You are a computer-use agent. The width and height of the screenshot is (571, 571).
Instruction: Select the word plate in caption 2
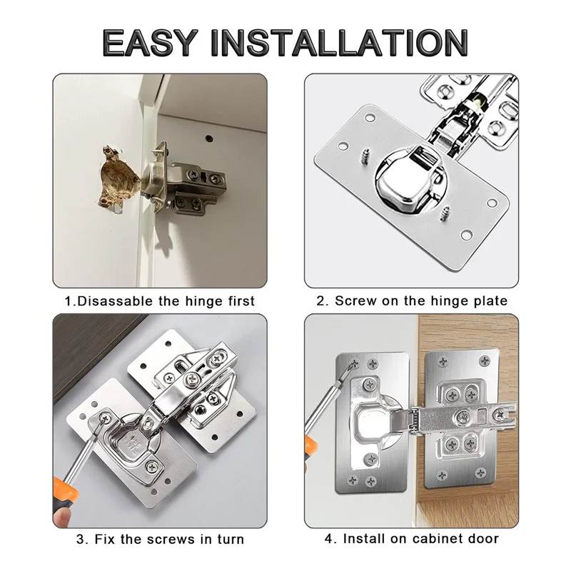(x=488, y=300)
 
